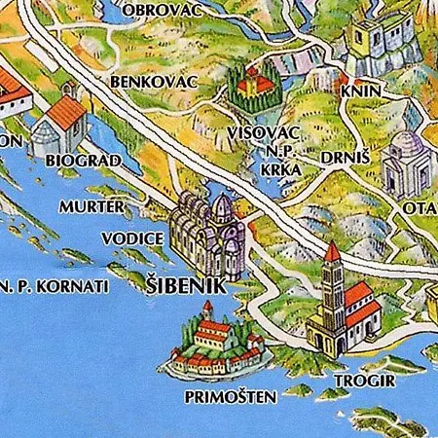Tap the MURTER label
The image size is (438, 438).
pyautogui.click(x=91, y=207)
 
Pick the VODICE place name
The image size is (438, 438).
pyautogui.click(x=129, y=237)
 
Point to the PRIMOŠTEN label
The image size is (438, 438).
pyautogui.click(x=230, y=397)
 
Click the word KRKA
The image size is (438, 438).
pyautogui.click(x=280, y=168)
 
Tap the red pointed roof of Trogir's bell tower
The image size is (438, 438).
pyautogui.click(x=332, y=253)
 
